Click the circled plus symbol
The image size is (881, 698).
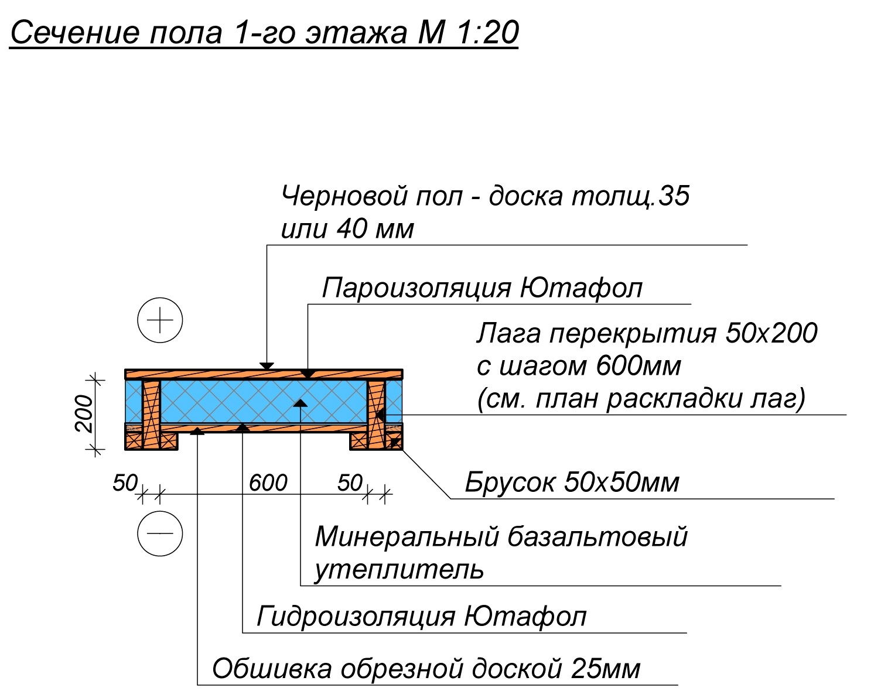[160, 320]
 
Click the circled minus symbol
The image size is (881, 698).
[160, 533]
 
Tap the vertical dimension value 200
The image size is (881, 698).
[84, 413]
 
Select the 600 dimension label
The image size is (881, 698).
[268, 483]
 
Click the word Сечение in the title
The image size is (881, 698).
[76, 33]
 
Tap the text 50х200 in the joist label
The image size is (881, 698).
[771, 333]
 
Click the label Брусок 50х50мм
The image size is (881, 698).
[572, 483]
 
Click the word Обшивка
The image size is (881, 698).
[272, 669]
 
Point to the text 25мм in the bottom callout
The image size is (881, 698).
[606, 669]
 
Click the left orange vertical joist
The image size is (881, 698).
[151, 415]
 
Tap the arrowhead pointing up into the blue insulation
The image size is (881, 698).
[301, 403]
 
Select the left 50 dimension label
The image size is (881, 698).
[125, 483]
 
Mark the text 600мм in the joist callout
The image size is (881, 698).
[638, 365]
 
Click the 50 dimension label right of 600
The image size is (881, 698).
[350, 483]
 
